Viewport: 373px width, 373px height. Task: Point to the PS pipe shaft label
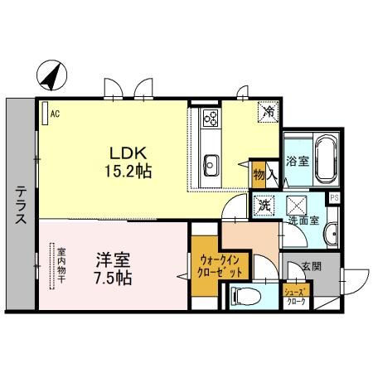pos(334,197)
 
